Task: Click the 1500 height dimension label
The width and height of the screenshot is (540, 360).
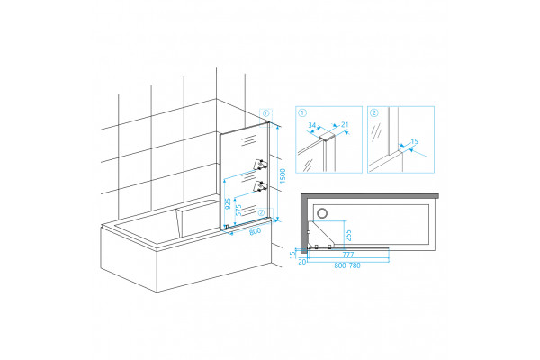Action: pos(283,175)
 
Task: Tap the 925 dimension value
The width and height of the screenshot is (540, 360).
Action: pos(228,204)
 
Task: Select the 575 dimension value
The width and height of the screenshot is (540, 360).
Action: pos(238,210)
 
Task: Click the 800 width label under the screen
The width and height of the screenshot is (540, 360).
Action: pos(256,231)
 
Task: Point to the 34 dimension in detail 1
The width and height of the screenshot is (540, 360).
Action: pos(312,125)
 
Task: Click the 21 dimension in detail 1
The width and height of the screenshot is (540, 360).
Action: pos(345,125)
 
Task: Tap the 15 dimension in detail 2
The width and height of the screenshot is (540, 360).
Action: pos(415,141)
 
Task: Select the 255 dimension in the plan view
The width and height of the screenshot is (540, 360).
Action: pos(348,236)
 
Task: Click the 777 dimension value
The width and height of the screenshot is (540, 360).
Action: pos(348,255)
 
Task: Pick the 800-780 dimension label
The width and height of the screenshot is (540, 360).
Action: pos(347,265)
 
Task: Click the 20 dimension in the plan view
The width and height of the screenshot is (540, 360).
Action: pos(302,262)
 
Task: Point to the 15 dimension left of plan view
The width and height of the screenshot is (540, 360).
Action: pos(292,255)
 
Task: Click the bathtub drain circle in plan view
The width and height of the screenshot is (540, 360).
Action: pos(322,213)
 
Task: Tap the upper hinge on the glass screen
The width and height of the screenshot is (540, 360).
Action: pos(260,165)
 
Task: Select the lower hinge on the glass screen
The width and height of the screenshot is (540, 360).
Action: pos(260,186)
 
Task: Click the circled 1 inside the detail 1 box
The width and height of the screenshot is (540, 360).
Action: pos(302,112)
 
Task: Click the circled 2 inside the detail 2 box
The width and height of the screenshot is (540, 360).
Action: pos(374,112)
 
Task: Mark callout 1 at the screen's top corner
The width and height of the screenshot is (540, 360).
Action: pos(265,112)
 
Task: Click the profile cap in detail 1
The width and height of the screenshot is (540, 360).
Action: pos(328,137)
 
